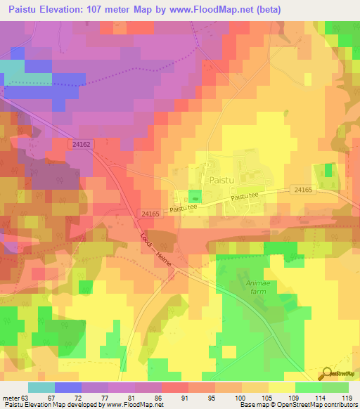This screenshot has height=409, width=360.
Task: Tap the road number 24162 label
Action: point(81,143)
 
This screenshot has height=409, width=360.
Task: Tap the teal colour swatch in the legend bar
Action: point(41,387)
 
